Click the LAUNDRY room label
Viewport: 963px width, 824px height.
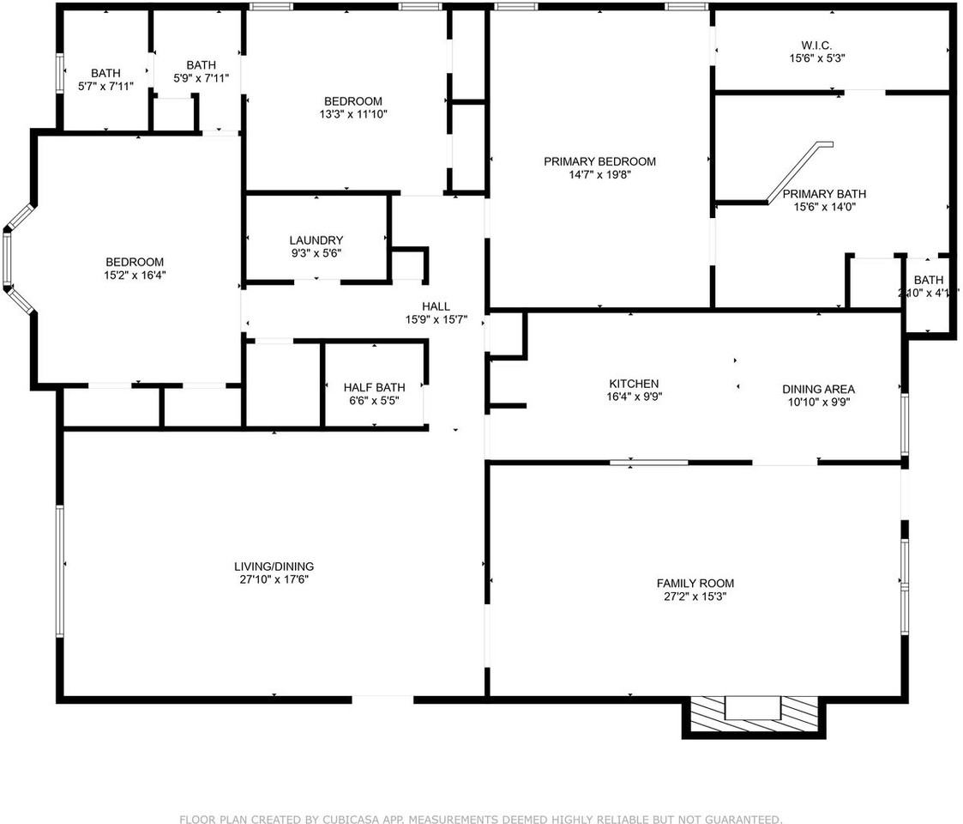coord(316,240)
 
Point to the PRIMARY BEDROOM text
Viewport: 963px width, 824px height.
coord(599,161)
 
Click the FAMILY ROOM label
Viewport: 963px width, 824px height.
coord(695,584)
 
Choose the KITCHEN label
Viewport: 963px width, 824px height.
coord(634,384)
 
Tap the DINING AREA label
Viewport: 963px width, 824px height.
coord(818,389)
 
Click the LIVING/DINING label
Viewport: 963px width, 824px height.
coord(274,566)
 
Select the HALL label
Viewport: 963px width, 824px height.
coord(436,306)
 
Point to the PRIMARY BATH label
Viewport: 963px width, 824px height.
coord(824,193)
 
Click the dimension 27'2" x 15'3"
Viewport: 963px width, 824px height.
coord(695,597)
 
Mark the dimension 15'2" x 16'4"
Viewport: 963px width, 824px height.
coord(135,276)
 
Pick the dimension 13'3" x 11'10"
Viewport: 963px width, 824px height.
coord(352,114)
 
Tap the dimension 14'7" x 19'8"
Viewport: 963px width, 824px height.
coord(599,174)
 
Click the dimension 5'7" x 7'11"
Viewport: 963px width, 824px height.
coord(105,86)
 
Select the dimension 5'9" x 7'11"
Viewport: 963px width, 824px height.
coord(201,78)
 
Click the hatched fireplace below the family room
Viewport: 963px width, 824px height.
coord(753,715)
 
